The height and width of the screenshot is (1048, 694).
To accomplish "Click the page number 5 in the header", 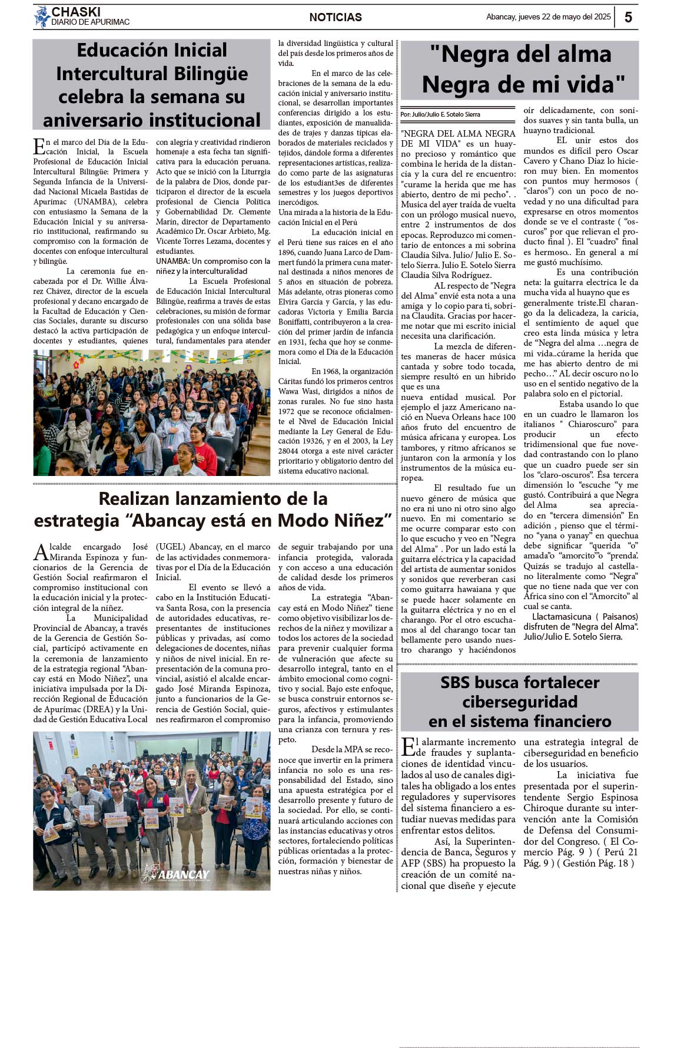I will coord(628,17).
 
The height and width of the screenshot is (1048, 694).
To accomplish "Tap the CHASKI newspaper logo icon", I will coord(41,16).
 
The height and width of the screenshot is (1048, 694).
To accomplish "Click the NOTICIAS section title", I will coord(336,18).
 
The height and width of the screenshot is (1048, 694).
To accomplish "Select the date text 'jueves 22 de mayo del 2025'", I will coord(565,17).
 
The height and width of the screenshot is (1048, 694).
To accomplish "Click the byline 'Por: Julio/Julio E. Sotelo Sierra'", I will coord(440,114).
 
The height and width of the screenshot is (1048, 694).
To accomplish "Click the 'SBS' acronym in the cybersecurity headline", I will coord(463,683).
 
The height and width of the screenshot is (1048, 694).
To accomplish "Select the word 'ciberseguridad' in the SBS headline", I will coord(520,702).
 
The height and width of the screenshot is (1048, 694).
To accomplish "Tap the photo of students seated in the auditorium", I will coord(152,412).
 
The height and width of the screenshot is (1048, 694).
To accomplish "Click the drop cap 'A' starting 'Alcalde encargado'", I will coord(41,552).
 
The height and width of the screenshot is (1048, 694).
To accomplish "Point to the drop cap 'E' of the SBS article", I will coord(407,747).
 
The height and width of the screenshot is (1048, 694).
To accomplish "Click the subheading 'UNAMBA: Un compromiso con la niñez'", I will coord(213,266).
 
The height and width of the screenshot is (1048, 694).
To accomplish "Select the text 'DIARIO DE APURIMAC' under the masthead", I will coord(90,22).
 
